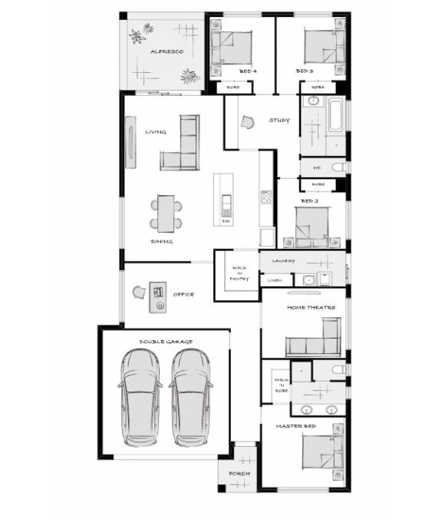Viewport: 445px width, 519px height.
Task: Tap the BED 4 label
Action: pyautogui.click(x=248, y=71)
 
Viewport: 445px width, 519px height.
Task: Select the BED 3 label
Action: pyautogui.click(x=304, y=71)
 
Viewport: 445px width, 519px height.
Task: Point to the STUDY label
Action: pyautogui.click(x=279, y=121)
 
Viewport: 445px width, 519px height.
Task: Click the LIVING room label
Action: pyautogui.click(x=156, y=132)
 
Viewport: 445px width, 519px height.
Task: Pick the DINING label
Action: pyautogui.click(x=161, y=241)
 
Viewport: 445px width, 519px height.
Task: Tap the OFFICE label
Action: pyautogui.click(x=183, y=294)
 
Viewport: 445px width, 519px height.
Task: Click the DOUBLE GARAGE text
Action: pyautogui.click(x=166, y=341)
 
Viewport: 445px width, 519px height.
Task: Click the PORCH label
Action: pyautogui.click(x=239, y=474)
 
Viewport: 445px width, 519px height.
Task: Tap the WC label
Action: pyautogui.click(x=316, y=167)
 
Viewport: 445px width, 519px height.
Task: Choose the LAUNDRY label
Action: pyautogui.click(x=283, y=261)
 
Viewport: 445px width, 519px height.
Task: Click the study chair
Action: pyautogui.click(x=248, y=121)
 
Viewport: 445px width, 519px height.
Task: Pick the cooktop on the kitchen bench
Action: pyautogui.click(x=266, y=197)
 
